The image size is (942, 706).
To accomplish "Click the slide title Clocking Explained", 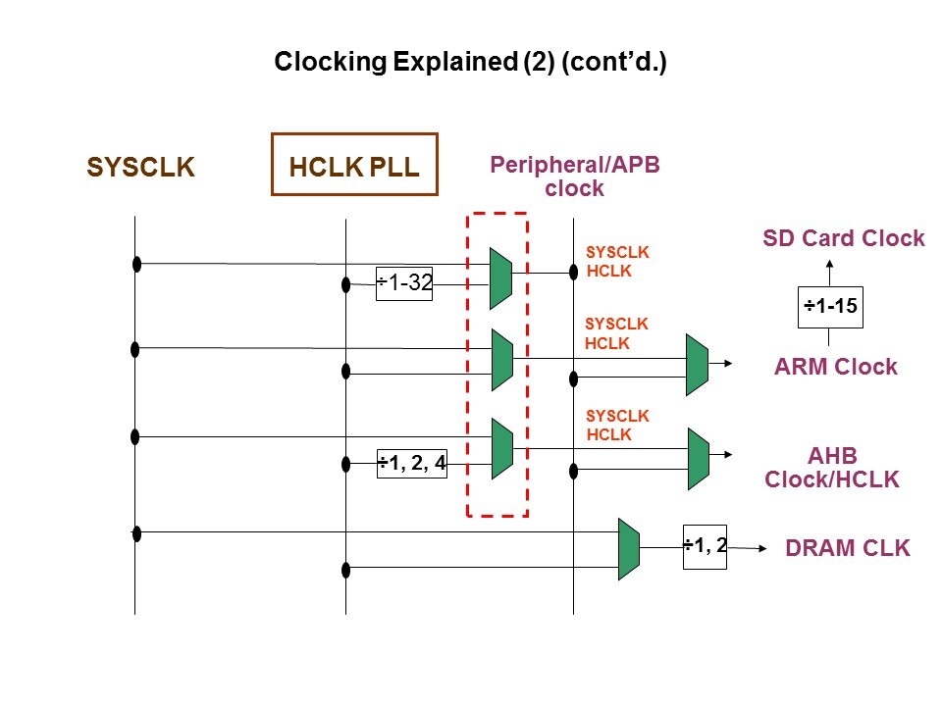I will [470, 64].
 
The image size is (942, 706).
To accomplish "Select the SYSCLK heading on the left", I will [141, 168].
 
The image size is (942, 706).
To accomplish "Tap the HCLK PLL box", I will [354, 165].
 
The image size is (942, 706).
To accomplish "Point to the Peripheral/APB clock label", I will [574, 176].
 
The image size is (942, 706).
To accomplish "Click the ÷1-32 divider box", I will [404, 283].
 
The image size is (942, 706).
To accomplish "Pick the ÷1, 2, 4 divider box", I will [412, 463].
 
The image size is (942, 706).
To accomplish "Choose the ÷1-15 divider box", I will [831, 307].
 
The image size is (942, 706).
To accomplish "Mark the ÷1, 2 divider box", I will [705, 546].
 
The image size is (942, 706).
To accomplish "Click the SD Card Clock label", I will [844, 238].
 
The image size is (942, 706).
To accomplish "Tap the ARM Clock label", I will [835, 367].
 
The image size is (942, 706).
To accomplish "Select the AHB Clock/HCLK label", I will [832, 468].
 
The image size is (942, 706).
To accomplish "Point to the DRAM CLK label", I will [848, 549].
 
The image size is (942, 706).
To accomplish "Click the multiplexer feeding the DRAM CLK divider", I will [629, 549].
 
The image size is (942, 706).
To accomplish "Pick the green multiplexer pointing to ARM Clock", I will [697, 365].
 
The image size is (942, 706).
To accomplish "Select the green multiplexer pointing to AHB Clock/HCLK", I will [698, 458].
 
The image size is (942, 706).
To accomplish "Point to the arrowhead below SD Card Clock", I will [830, 265].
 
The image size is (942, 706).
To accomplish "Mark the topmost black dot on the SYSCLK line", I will [137, 264].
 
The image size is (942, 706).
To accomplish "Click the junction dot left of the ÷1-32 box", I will [345, 285].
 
